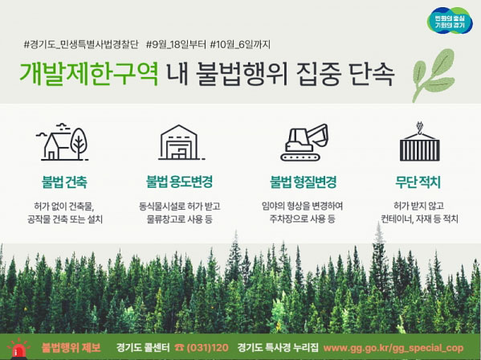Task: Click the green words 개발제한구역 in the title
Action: coord(89,74)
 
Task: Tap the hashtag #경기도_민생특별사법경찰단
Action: coord(81,44)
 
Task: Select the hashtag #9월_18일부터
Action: coord(176,44)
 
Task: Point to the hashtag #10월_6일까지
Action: coord(240,44)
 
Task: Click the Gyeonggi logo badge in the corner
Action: coord(450,21)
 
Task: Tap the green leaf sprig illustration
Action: coord(434,76)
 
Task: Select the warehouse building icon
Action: coord(181,142)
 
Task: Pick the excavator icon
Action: coord(304,142)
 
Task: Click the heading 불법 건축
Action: coord(64,182)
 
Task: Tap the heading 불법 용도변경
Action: coord(179,182)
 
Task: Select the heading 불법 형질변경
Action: coord(303,182)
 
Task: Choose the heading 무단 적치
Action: coord(418,182)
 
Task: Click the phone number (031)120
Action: coord(207,348)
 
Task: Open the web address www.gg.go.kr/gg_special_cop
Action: coord(393,348)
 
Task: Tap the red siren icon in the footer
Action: coord(18,350)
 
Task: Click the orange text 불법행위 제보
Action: coord(71,348)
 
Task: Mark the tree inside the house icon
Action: coord(79,143)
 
